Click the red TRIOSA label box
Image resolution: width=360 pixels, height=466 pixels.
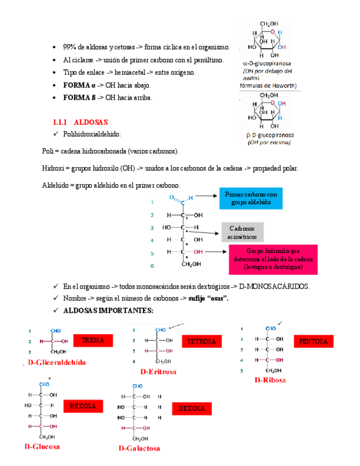[93, 340]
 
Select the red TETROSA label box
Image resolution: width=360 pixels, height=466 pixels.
[202, 341]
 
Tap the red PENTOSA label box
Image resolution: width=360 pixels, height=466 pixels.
[313, 341]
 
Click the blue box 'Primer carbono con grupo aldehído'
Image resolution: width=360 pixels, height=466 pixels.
[251, 198]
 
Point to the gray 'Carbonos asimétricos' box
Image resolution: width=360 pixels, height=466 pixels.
[242, 232]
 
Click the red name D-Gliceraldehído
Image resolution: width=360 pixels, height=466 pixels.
[57, 362]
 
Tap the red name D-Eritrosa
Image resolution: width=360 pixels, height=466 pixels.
[158, 372]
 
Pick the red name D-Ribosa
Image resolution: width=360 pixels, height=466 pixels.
[270, 380]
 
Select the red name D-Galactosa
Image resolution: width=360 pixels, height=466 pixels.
[140, 448]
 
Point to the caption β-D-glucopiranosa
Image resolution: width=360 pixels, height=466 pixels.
[269, 135]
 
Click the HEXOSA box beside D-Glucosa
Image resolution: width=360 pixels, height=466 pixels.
[83, 406]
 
